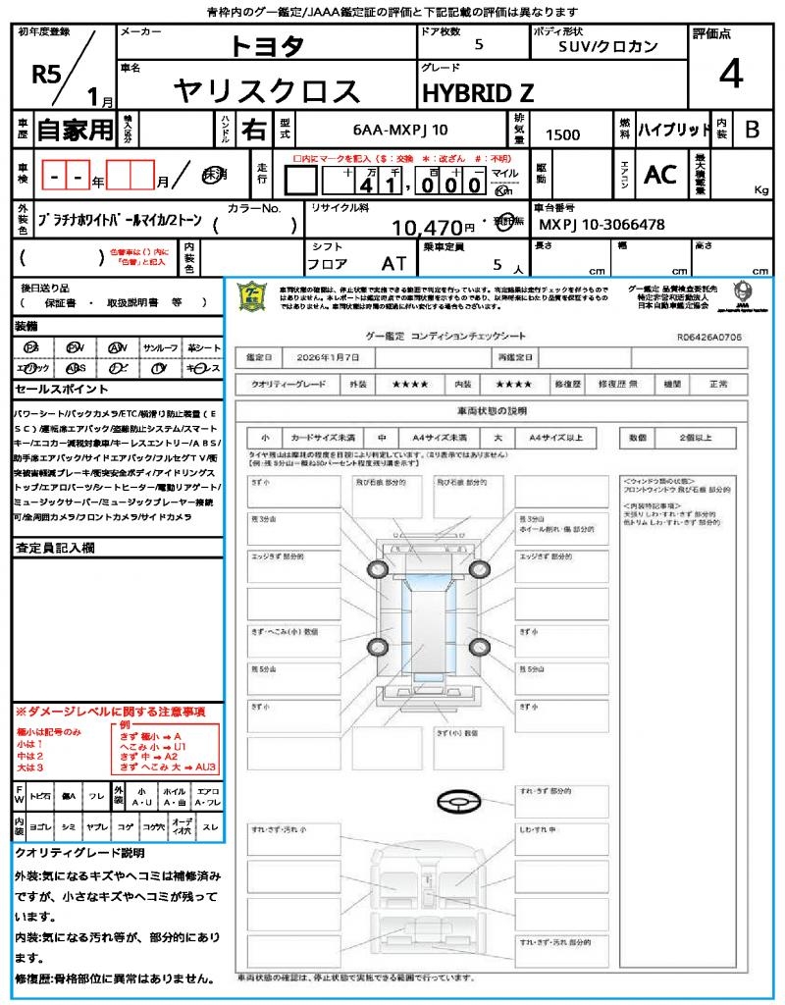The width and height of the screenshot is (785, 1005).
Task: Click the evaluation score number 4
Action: pos(730,75)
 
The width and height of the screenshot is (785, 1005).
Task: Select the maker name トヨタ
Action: pos(267,46)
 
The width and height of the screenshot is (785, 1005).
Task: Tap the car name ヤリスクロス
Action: pos(267,90)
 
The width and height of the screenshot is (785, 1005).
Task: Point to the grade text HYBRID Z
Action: pos(478,93)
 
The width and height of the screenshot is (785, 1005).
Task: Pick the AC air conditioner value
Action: pos(660,175)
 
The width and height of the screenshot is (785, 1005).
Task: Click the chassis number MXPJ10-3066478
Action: pos(602,225)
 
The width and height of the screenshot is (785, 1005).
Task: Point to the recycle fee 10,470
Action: pos(432,228)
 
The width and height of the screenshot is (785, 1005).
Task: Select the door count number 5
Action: pos(478,44)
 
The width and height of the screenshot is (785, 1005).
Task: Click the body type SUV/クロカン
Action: pos(608,46)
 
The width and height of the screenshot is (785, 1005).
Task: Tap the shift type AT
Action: pos(393,263)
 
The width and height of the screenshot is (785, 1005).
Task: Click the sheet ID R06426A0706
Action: pos(708,336)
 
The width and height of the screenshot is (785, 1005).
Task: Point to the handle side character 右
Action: pos(254,130)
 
